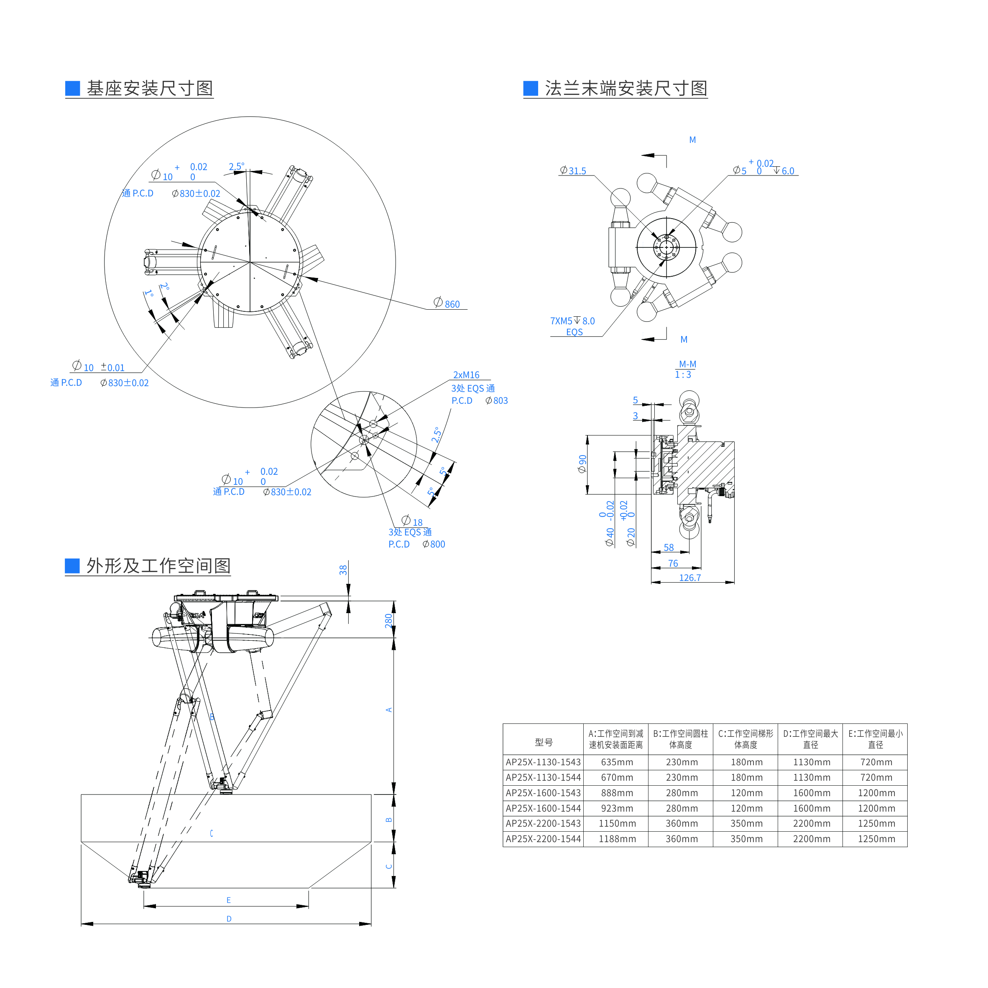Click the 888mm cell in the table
coord(617,793)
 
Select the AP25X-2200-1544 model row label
coord(543,839)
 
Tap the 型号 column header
coord(544,742)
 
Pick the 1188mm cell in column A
coord(617,839)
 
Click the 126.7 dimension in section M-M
coord(690,577)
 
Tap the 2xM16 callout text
coord(466,375)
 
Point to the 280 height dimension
coord(388,620)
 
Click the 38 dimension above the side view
coord(343,570)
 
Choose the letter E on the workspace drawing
coord(229,900)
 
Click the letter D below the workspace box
coord(229,919)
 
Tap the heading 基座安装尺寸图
coord(149,89)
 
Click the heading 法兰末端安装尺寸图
coord(626,89)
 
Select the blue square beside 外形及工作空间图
coord(72,565)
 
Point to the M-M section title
coord(687,364)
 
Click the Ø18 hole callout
coord(412,521)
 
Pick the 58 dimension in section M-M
coord(669,547)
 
